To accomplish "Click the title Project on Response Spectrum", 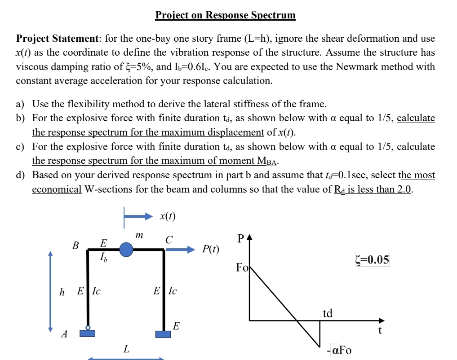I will pyautogui.click(x=225, y=15).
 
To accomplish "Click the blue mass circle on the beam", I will pyautogui.click(x=126, y=249).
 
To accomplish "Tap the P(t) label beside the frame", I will pyautogui.click(x=210, y=249).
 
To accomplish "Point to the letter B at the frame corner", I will pyautogui.click(x=75, y=246).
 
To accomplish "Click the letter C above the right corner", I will pyautogui.click(x=169, y=240).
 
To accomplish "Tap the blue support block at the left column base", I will pyautogui.click(x=88, y=333).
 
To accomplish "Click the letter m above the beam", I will pyautogui.click(x=139, y=234).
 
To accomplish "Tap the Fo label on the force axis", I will pyautogui.click(x=242, y=268).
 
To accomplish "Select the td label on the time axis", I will pyautogui.click(x=328, y=313).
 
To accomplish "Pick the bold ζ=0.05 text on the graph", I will pyautogui.click(x=371, y=260).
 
